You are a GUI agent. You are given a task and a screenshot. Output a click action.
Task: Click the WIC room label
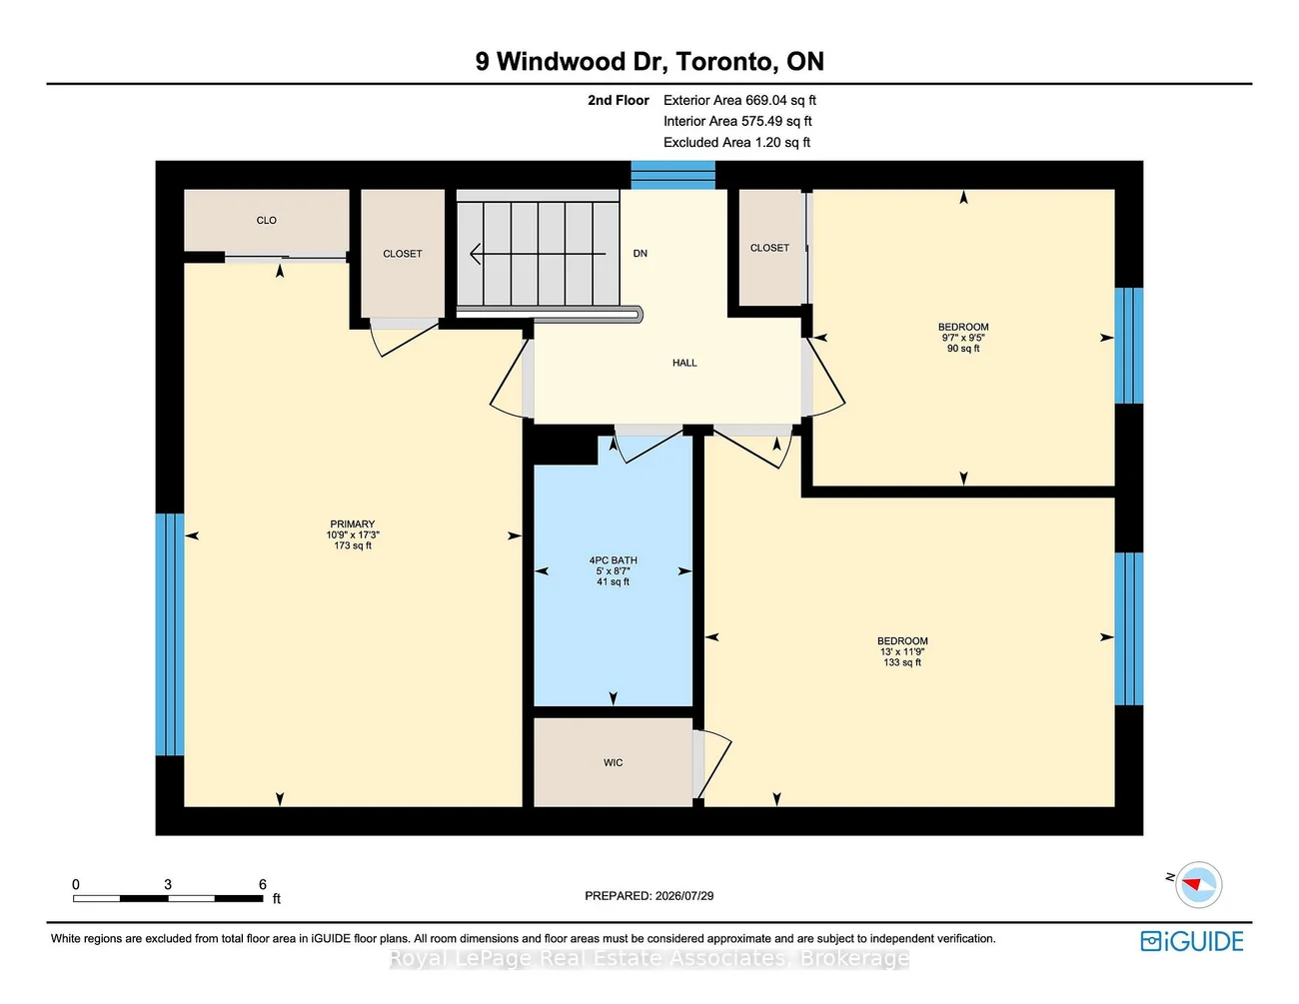(x=613, y=762)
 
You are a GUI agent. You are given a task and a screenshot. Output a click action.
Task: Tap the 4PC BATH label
(x=613, y=560)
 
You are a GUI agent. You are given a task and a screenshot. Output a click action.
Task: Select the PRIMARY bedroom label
(x=352, y=524)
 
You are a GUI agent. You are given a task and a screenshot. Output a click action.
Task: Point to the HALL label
(x=684, y=363)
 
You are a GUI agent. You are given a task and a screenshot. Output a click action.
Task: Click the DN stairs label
(x=641, y=254)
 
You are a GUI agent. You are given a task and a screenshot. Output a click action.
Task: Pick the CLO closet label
(x=267, y=221)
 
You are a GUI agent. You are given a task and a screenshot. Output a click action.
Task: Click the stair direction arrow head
(x=476, y=254)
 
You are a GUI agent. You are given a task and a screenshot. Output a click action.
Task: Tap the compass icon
(x=1198, y=884)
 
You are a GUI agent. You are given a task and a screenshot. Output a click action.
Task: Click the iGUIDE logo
(x=1191, y=941)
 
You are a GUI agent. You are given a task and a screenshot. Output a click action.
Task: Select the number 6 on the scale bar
(x=263, y=884)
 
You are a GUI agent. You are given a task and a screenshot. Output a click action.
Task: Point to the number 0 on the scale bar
(x=76, y=884)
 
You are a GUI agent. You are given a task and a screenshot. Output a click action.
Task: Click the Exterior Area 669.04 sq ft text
(x=739, y=100)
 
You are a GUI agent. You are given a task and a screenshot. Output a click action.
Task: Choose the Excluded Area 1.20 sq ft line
(x=736, y=142)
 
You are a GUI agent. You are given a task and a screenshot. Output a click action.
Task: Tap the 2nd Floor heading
(x=619, y=100)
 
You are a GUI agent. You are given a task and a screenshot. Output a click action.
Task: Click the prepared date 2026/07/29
(x=684, y=896)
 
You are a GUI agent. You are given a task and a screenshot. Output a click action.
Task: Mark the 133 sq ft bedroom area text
(x=902, y=662)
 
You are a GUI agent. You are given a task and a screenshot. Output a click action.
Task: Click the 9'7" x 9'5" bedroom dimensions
(x=963, y=338)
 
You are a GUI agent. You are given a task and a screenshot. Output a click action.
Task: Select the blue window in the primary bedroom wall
(x=170, y=634)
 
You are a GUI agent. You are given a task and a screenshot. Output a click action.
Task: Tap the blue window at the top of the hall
(x=673, y=175)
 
